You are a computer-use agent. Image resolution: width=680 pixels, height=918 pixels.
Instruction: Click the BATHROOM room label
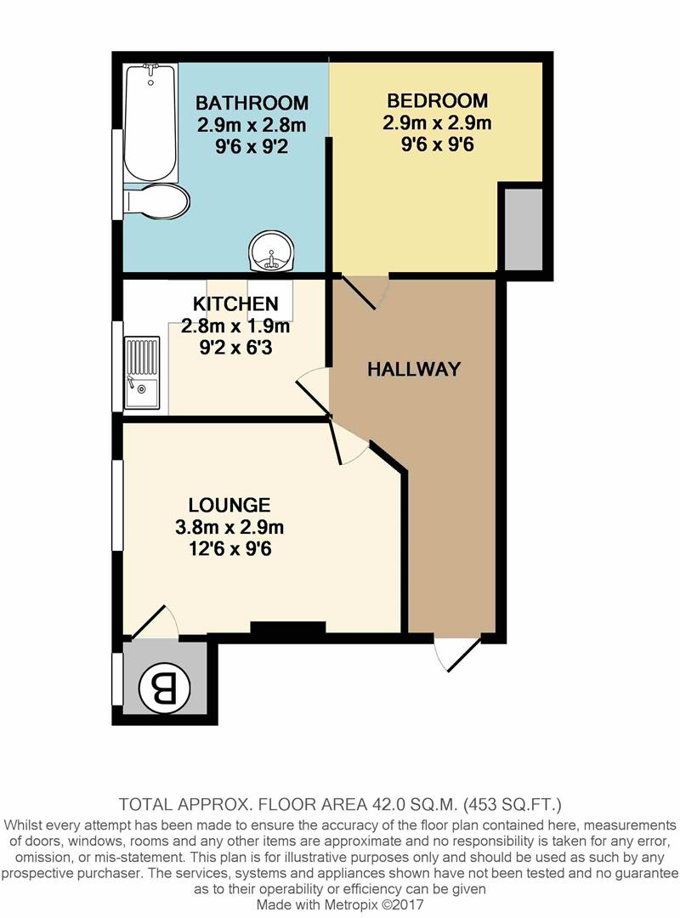(252, 104)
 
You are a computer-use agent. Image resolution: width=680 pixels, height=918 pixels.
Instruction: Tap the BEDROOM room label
(437, 99)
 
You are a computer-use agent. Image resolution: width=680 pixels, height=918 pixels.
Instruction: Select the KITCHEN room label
(235, 304)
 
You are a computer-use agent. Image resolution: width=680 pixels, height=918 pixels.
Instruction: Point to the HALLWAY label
(414, 369)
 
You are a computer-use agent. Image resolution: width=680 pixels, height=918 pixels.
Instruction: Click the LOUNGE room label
(229, 505)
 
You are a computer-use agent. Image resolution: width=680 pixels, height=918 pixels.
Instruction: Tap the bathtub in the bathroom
(150, 121)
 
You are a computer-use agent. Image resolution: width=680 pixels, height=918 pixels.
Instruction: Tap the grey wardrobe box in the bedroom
(523, 227)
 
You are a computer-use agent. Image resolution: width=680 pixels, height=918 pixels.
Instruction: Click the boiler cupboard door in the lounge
(153, 620)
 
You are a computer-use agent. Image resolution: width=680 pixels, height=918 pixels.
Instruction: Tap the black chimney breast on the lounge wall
(288, 630)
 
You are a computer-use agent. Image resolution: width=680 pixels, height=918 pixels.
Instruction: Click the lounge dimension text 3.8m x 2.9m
(229, 527)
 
